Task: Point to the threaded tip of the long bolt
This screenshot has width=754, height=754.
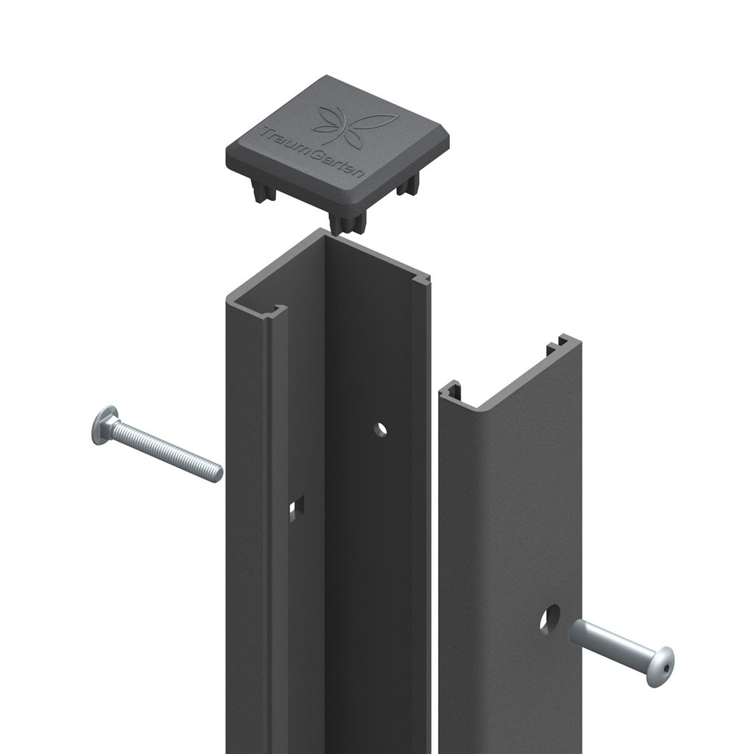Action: tap(217, 473)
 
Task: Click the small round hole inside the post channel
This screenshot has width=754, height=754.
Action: tap(381, 429)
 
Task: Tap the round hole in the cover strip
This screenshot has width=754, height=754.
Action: tap(549, 618)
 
